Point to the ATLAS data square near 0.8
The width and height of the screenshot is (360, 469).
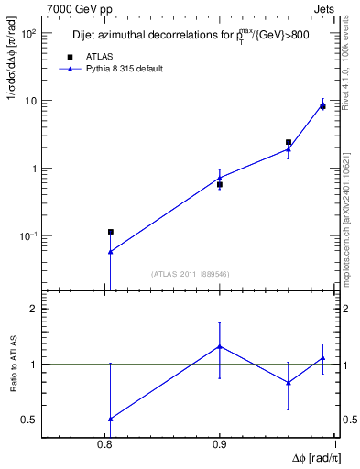click(110, 232)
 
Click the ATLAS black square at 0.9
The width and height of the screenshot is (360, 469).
click(220, 184)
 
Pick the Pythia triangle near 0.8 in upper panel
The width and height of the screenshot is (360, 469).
click(110, 251)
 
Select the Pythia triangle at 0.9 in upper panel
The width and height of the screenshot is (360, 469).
click(220, 178)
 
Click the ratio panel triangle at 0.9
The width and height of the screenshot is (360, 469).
click(220, 346)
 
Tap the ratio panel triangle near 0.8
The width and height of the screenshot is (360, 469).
click(110, 419)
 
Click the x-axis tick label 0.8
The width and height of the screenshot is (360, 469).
click(104, 443)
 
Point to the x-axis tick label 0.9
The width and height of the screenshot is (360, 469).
click(220, 443)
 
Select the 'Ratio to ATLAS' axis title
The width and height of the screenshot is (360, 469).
click(15, 365)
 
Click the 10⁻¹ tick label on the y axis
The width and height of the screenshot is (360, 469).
click(28, 236)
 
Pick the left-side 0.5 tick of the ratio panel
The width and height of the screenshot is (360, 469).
click(28, 420)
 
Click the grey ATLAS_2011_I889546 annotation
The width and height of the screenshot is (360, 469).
click(190, 273)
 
